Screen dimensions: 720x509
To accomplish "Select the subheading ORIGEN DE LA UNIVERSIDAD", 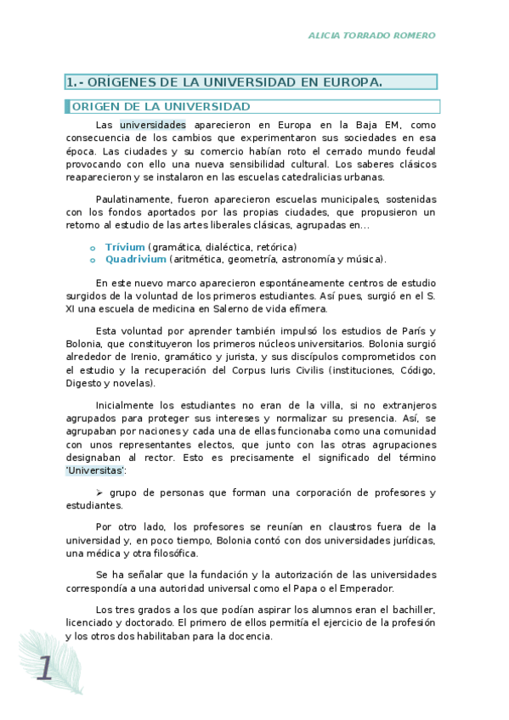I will point(161,107).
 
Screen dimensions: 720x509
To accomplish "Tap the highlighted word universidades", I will point(153,124).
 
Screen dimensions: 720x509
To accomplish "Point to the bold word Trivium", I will point(125,246).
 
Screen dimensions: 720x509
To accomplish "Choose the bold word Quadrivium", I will point(136,259).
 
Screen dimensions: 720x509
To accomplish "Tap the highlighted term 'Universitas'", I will point(96,470).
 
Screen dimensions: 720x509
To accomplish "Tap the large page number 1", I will point(44,668).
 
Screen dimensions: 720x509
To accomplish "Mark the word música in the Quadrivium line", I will point(366,259).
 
